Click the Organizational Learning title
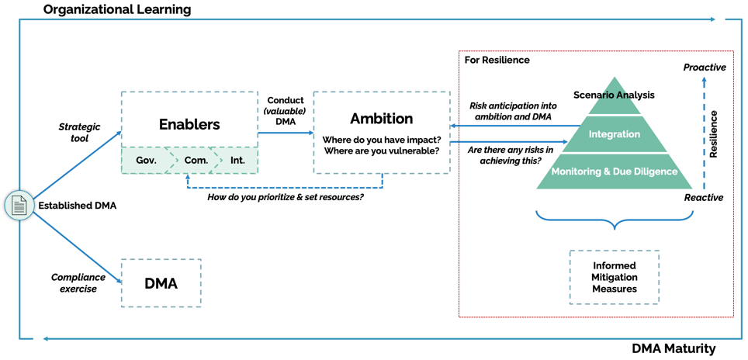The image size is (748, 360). [x=116, y=10]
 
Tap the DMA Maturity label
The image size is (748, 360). [x=673, y=349]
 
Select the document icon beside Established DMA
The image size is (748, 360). [x=18, y=206]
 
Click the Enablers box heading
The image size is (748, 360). [x=189, y=124]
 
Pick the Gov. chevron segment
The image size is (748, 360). [x=147, y=161]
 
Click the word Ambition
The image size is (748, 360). [x=381, y=119]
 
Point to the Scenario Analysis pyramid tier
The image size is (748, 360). [x=614, y=95]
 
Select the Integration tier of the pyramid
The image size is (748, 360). [x=614, y=134]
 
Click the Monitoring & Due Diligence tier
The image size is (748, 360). [x=614, y=171]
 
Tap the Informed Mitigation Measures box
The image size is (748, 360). [x=615, y=277]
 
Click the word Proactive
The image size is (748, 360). [x=705, y=67]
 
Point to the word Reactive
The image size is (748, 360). [x=704, y=198]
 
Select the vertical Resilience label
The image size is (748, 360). [x=714, y=133]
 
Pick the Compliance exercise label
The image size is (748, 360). [x=78, y=283]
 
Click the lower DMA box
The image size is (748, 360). [x=161, y=283]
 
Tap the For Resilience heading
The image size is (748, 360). [x=497, y=60]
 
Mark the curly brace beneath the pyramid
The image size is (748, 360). [x=615, y=224]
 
